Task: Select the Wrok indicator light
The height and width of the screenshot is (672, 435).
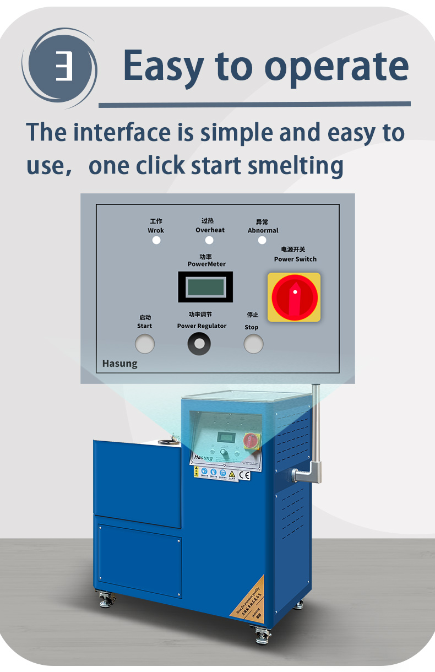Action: tap(156, 240)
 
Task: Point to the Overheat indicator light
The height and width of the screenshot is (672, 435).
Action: tap(209, 240)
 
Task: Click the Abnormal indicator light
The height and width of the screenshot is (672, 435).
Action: tap(262, 240)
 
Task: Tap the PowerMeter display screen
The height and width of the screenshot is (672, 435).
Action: tap(205, 287)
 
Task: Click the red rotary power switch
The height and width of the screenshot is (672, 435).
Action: tap(294, 297)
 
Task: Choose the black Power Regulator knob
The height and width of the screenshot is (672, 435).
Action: tap(199, 344)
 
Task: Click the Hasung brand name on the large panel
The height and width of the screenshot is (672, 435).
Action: tap(119, 364)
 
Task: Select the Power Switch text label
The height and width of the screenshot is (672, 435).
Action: tap(295, 259)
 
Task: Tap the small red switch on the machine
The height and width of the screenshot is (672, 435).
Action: tap(251, 441)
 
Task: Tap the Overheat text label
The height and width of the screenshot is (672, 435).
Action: tap(210, 230)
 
